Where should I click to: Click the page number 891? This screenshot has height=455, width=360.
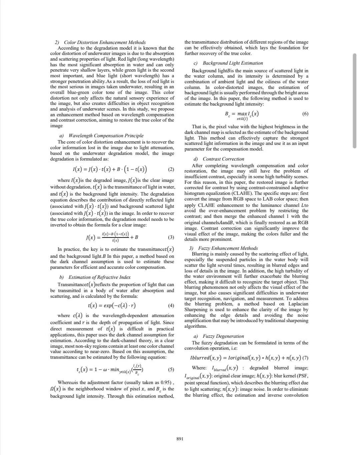coord(180,439)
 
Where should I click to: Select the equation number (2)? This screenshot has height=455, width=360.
coord(171,169)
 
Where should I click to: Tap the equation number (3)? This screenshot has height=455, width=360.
coord(171,237)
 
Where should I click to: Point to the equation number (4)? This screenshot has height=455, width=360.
coord(171,305)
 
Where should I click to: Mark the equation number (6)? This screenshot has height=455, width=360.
coord(305,114)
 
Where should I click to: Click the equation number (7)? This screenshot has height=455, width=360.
coord(305,358)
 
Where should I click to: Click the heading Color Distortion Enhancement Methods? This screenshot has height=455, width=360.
coord(105,42)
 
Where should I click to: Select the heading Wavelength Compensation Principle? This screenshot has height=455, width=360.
coord(106,136)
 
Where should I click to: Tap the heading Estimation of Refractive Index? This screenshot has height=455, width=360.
coord(99,277)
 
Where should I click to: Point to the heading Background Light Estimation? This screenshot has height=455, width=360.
coord(233,63)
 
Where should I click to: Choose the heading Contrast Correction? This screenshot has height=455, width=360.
coord(223,159)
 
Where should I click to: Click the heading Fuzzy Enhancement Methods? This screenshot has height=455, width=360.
coord(228,248)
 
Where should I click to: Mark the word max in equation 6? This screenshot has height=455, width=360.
coord(243,114)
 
